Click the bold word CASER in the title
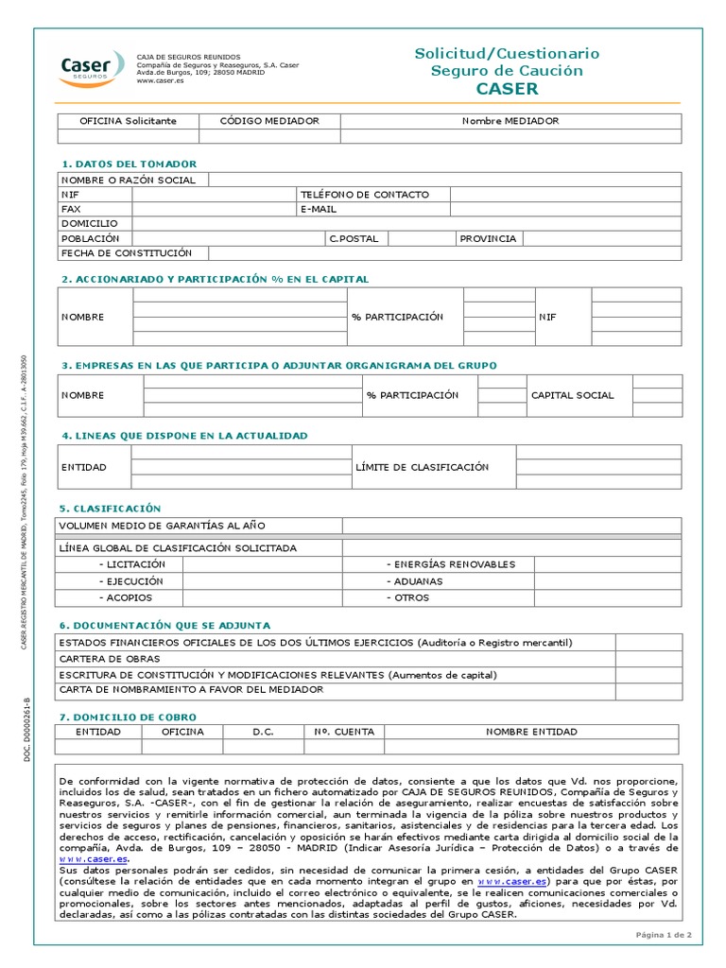pos(507,89)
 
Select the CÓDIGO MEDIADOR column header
pos(269,121)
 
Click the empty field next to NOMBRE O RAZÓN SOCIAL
pos(444,180)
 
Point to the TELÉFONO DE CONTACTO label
pos(364,195)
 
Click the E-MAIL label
pos(319,209)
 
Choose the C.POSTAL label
pos(354,238)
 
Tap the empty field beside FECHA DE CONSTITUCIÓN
pos(444,253)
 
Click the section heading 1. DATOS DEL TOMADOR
pos(130,164)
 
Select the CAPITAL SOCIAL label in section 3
pos(572,395)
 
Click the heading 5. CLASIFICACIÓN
pos(112,509)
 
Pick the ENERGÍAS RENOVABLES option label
pos(451,564)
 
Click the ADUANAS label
pos(417,581)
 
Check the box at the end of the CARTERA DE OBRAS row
pos(648,659)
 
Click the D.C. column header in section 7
pos(262,732)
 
